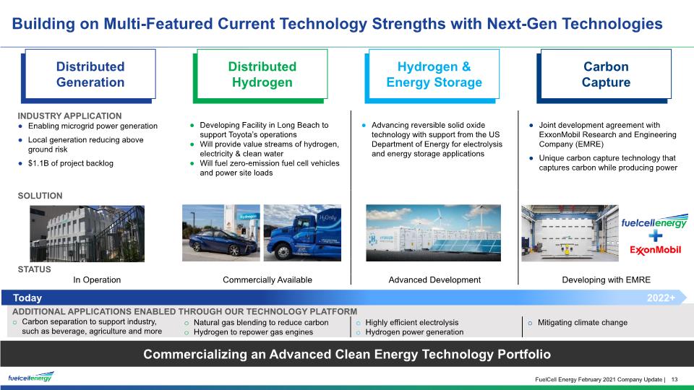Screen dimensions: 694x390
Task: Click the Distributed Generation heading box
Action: [88, 75]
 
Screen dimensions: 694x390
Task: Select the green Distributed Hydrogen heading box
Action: [260, 75]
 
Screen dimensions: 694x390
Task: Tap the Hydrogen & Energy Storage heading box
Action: [432, 75]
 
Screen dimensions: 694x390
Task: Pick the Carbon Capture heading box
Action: [604, 75]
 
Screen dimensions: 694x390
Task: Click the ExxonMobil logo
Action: [655, 251]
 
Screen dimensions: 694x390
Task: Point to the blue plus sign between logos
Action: [655, 235]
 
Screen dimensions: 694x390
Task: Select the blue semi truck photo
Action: [302, 233]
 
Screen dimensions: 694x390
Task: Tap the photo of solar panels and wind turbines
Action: [433, 233]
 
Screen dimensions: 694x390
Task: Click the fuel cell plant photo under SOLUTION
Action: [87, 233]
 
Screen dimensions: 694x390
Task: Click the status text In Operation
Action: [97, 280]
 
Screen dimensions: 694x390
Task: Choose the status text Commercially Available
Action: [267, 280]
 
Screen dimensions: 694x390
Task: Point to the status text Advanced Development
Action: [434, 280]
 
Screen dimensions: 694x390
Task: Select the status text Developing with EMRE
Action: [607, 280]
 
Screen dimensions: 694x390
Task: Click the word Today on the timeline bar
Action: [27, 298]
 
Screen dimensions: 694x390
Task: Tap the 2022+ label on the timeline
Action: [661, 298]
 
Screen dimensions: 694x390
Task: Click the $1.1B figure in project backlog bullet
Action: [38, 163]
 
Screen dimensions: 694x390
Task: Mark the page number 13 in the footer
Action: [674, 379]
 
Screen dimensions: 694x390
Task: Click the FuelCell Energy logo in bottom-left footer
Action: [31, 377]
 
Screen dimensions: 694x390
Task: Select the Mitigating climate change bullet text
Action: [583, 323]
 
